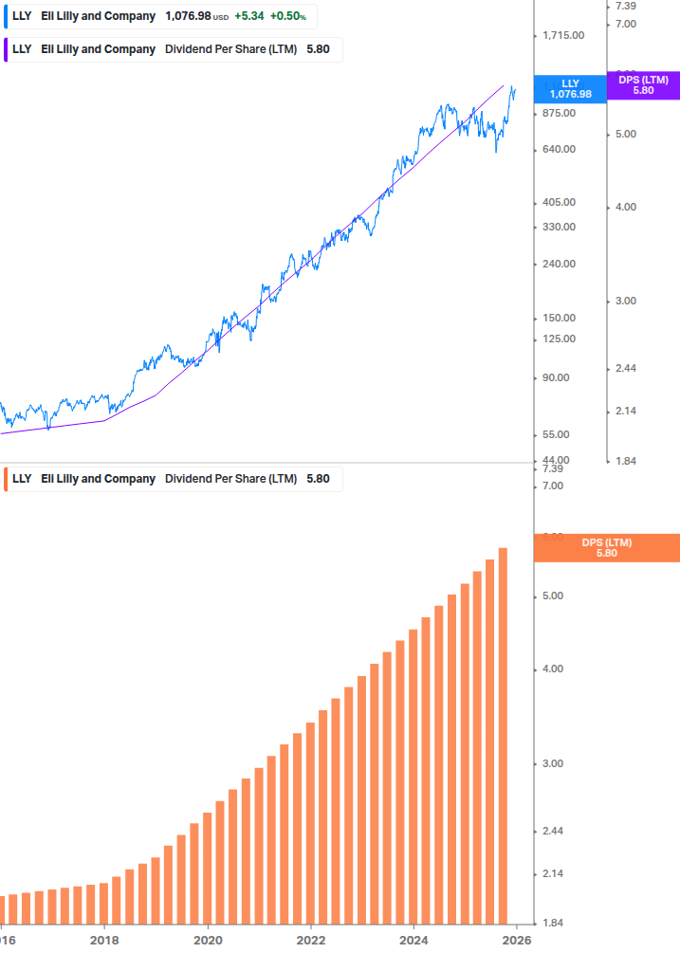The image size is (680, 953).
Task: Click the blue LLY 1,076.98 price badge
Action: (570, 89)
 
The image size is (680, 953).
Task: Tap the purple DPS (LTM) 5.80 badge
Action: (643, 85)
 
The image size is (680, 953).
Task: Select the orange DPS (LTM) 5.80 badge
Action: (607, 548)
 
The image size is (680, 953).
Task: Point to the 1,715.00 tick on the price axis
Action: (562, 36)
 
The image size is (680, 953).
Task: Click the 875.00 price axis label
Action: (559, 114)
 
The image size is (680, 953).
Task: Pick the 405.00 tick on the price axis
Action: (559, 203)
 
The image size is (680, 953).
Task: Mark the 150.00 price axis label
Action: (559, 319)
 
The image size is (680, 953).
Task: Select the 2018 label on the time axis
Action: (104, 941)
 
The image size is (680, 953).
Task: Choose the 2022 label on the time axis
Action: (310, 941)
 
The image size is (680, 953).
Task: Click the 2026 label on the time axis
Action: (516, 941)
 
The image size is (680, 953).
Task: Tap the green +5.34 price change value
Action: (249, 16)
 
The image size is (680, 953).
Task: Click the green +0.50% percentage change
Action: (288, 16)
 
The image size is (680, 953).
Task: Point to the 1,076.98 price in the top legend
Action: (187, 16)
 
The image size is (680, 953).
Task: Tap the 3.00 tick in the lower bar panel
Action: (551, 764)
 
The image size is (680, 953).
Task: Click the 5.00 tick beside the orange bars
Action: (551, 596)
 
